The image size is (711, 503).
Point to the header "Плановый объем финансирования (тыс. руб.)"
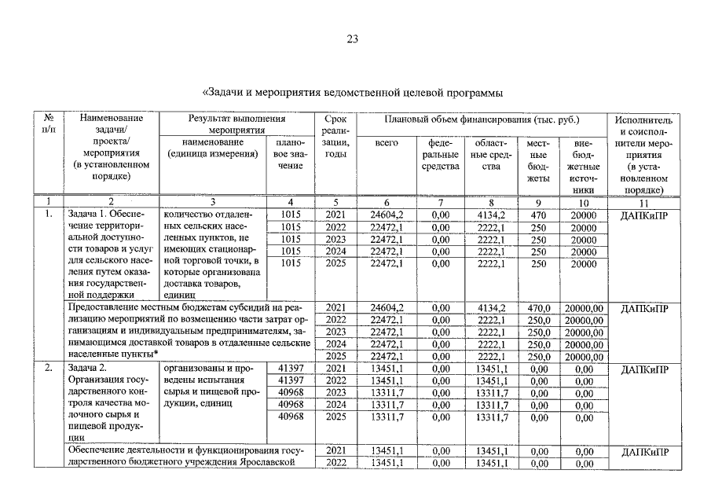coord(482,120)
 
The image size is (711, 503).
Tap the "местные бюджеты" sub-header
coord(538,160)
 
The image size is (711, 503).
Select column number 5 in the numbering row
coord(335,202)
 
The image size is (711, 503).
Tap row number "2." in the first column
coord(49,368)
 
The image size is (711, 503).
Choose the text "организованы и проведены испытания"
coord(209,374)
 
